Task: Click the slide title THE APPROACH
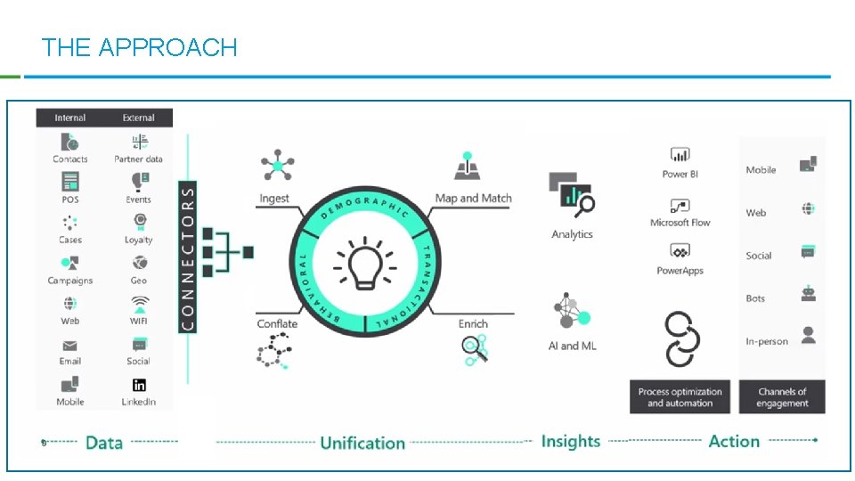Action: (139, 47)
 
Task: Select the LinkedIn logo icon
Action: (139, 385)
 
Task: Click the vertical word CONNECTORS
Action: (188, 257)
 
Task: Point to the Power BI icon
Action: (680, 155)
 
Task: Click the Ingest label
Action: (274, 199)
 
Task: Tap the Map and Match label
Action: (473, 199)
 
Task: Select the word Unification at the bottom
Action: (362, 443)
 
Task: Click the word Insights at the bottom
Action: (571, 441)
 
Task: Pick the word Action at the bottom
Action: (734, 441)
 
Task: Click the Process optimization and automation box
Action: (680, 397)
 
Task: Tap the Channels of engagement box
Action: (782, 397)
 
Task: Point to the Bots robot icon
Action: (808, 294)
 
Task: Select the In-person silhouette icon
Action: (808, 336)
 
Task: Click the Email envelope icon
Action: (70, 345)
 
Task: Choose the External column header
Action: (139, 118)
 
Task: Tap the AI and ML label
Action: (572, 346)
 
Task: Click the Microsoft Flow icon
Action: (680, 204)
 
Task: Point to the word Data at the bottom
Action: (104, 443)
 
